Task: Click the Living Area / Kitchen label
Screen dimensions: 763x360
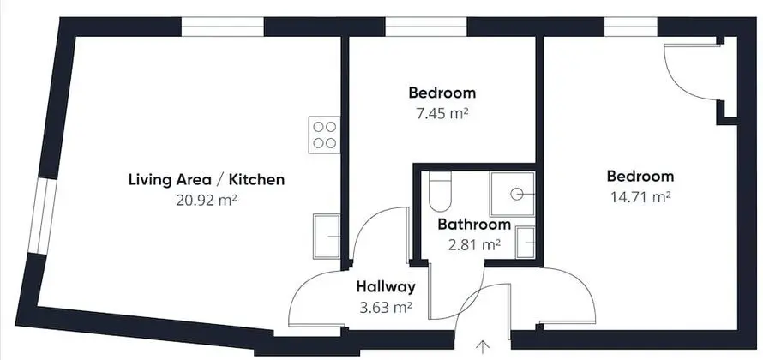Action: point(207,179)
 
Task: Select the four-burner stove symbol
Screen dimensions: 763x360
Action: point(324,135)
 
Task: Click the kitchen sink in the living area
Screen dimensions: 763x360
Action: point(327,237)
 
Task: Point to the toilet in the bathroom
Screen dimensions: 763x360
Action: point(441,191)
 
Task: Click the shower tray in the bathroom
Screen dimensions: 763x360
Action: point(513,194)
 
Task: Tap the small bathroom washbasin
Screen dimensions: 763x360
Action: point(526,243)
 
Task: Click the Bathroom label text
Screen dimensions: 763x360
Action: point(474,225)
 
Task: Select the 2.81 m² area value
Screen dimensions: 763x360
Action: point(474,244)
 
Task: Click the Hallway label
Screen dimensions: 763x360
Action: point(386,286)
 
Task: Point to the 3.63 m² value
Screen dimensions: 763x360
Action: point(386,308)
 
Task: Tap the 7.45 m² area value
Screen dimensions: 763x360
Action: point(442,113)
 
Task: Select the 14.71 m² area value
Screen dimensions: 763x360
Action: point(640,197)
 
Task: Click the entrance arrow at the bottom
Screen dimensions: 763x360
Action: point(483,346)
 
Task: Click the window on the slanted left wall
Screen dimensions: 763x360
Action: point(42,216)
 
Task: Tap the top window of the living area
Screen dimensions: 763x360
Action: point(223,27)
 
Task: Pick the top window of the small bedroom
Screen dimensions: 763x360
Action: point(426,27)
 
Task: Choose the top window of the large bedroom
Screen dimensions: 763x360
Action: point(631,27)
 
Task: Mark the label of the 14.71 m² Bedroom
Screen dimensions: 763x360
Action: point(640,176)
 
